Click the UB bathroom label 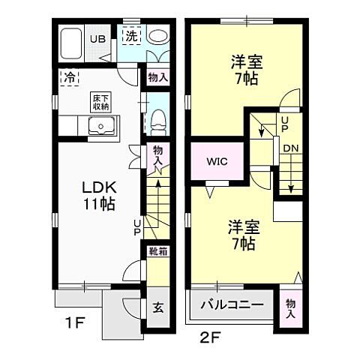tap(97, 38)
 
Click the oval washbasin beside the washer tap(157, 36)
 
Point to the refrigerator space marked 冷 tap(69, 76)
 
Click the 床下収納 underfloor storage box tap(102, 102)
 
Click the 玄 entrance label tap(158, 306)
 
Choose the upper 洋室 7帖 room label tap(244, 69)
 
